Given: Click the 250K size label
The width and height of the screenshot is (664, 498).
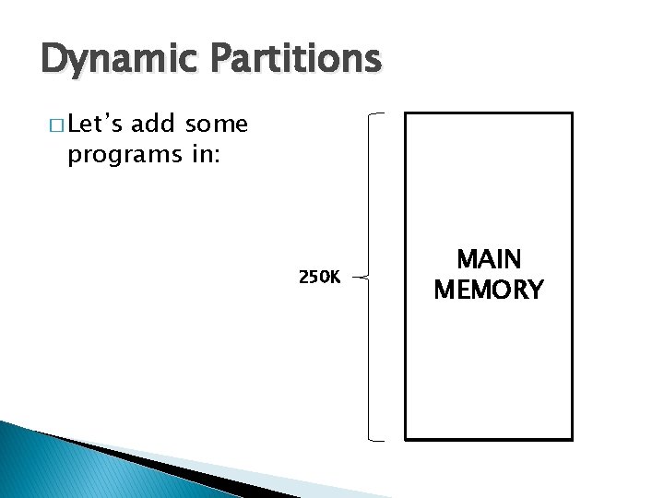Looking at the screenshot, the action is coord(319,276).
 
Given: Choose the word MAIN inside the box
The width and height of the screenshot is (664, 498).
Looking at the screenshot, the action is coord(489,260).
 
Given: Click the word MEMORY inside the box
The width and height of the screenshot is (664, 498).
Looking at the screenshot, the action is coord(489,290).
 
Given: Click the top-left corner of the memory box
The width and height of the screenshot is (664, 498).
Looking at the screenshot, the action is coord(408,114).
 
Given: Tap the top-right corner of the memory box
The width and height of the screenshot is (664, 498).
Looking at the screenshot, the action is coord(572,114).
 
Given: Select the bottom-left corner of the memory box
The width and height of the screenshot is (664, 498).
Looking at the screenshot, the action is coord(408,438).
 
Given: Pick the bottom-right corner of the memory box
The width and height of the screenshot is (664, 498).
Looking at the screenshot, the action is coord(572,438).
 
